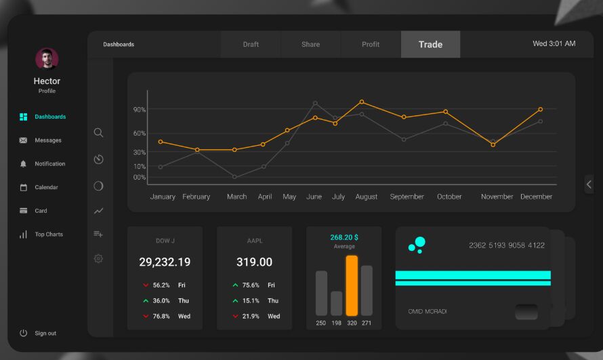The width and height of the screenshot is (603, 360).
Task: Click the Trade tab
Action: (x=430, y=45)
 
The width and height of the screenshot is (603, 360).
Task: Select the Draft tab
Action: (x=251, y=45)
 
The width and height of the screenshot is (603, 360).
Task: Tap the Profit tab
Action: (x=371, y=45)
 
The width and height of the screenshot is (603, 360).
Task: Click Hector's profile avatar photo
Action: (x=47, y=59)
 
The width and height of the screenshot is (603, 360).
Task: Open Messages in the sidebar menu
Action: (x=47, y=140)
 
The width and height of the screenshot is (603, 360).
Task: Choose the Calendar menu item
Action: (x=46, y=187)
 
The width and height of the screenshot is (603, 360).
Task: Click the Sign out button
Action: (x=45, y=334)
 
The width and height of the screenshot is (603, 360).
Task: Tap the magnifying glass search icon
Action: (x=98, y=133)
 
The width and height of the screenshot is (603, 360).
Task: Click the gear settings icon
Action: (x=98, y=258)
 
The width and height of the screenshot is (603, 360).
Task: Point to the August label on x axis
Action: (x=366, y=197)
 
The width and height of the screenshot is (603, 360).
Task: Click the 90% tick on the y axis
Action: (x=140, y=109)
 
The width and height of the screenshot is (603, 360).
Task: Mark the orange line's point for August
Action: (x=362, y=102)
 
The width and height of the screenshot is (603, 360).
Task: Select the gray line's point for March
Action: (x=234, y=177)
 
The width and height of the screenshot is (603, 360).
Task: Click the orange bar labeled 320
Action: (x=352, y=285)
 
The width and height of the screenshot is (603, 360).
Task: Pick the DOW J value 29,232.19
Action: (x=165, y=262)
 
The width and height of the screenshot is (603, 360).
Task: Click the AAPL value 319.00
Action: (x=254, y=262)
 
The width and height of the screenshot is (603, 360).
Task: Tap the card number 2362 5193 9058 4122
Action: (x=506, y=245)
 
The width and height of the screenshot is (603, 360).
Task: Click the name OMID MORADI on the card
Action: (x=427, y=311)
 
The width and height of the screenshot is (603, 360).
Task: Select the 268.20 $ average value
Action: (x=344, y=237)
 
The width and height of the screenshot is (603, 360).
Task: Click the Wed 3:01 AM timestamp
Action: (x=554, y=44)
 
